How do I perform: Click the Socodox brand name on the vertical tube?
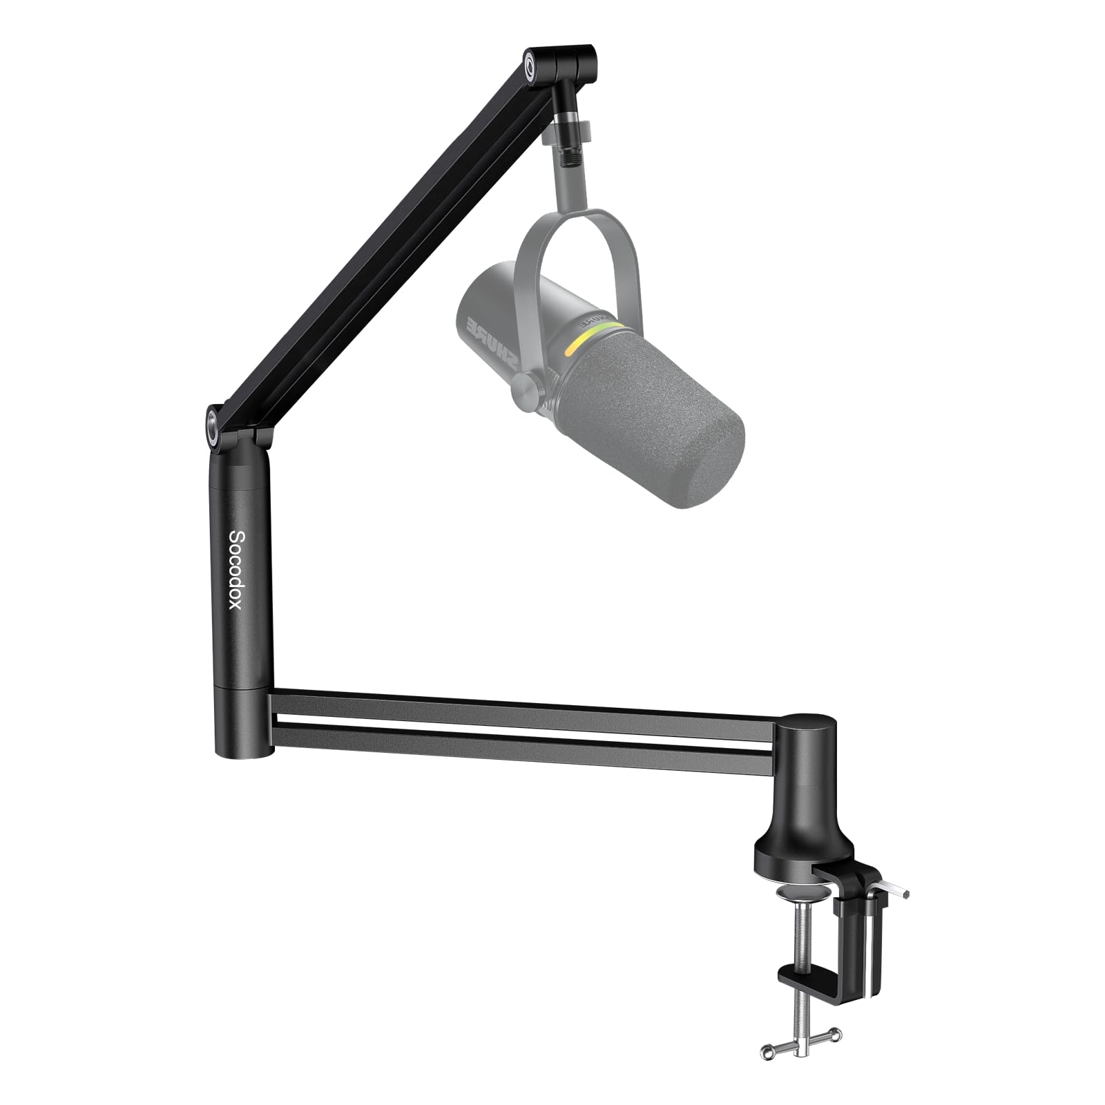[x=235, y=570]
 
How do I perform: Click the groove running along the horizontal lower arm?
[x=525, y=722]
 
